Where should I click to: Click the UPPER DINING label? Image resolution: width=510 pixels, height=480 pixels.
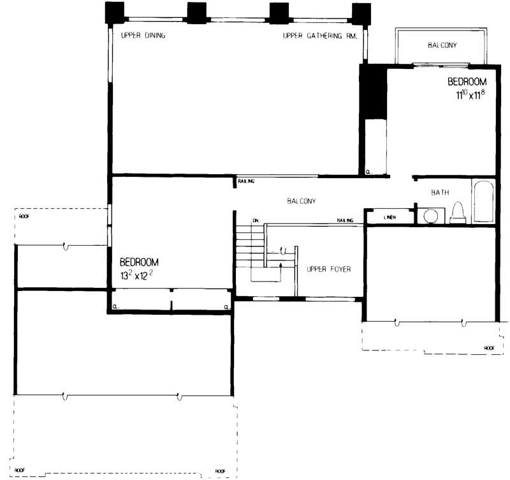pos(143,36)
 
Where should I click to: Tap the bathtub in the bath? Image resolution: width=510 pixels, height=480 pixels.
pos(483,202)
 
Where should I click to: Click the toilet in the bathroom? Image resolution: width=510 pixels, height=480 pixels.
pos(457,213)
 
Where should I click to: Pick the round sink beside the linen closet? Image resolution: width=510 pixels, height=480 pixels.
pos(432,216)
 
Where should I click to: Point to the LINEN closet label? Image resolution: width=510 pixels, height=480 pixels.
pos(390,217)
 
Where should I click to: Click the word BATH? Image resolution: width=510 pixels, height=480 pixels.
pos(441,191)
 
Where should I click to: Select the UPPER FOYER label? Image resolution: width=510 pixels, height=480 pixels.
pos(328,269)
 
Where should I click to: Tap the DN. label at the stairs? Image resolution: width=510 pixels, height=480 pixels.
pos(258,220)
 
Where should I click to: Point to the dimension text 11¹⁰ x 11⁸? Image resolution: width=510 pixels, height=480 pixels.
pos(467,94)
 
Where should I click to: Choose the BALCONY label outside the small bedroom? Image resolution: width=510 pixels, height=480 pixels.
pos(442,45)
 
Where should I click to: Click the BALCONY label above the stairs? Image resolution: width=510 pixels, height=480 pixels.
pos(302,200)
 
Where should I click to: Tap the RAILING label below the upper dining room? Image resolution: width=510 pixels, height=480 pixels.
pos(247,181)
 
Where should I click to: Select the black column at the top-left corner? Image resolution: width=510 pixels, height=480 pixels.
pos(115,12)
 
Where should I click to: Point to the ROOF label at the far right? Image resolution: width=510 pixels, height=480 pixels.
pos(489,348)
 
